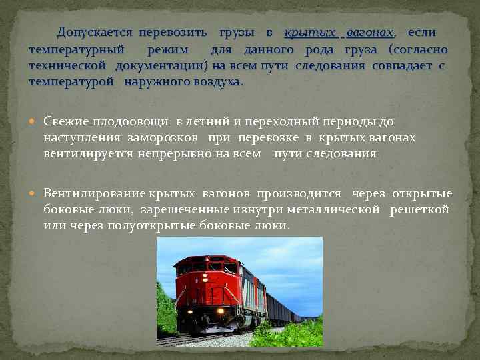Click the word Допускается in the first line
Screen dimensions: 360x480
(95, 32)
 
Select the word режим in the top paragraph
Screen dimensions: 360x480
(168, 49)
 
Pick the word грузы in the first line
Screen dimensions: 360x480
(237, 32)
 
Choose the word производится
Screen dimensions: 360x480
(299, 193)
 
